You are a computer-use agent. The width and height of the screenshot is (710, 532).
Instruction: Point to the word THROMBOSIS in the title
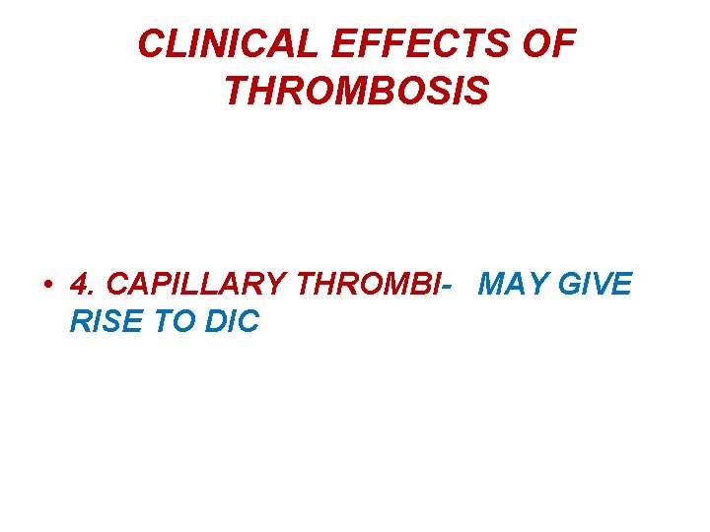click(x=356, y=91)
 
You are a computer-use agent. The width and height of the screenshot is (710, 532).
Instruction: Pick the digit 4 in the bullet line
click(x=79, y=285)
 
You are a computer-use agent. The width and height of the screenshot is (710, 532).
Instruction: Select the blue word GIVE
click(x=596, y=285)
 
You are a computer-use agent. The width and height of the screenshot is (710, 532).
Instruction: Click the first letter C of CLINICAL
click(x=151, y=43)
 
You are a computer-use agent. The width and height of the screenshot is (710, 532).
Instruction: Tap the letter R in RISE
click(x=80, y=322)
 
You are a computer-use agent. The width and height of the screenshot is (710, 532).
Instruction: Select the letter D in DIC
click(x=214, y=322)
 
